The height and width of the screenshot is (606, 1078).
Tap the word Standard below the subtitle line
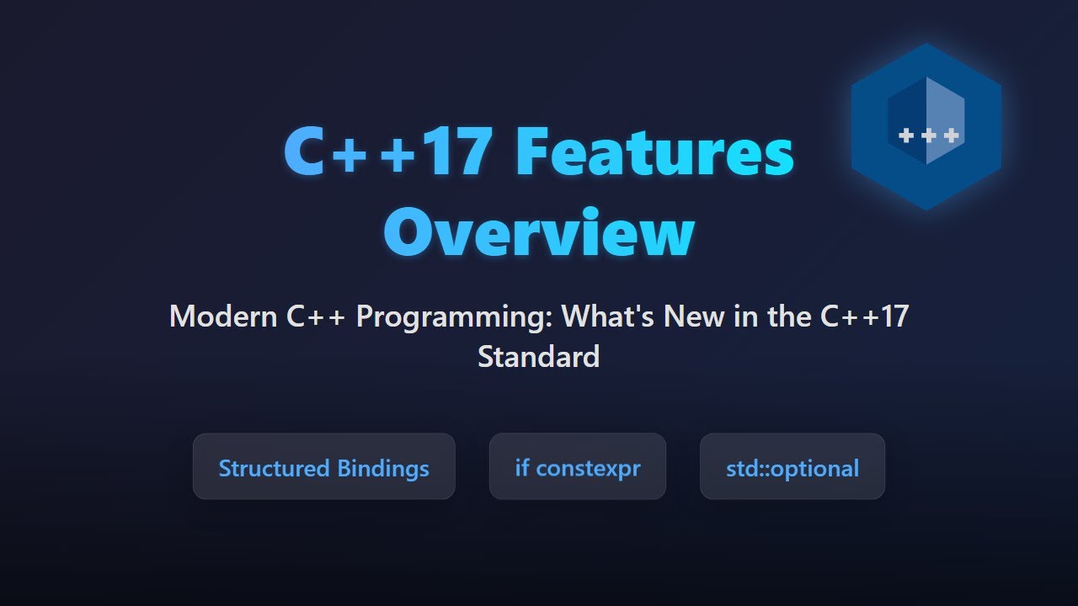[x=538, y=357]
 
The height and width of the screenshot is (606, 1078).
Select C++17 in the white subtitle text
[x=864, y=317]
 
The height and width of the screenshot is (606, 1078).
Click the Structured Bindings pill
[x=323, y=467]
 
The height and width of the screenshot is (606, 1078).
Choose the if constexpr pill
[x=577, y=467]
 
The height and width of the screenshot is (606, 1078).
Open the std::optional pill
[x=792, y=467]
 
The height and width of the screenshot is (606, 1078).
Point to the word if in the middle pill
[x=522, y=467]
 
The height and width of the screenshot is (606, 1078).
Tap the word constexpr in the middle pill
[x=588, y=468]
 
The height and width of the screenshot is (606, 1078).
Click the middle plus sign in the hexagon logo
[x=929, y=136]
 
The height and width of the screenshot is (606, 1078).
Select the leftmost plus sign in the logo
[x=907, y=136]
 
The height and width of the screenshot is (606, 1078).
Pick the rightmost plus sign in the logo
[x=951, y=136]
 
